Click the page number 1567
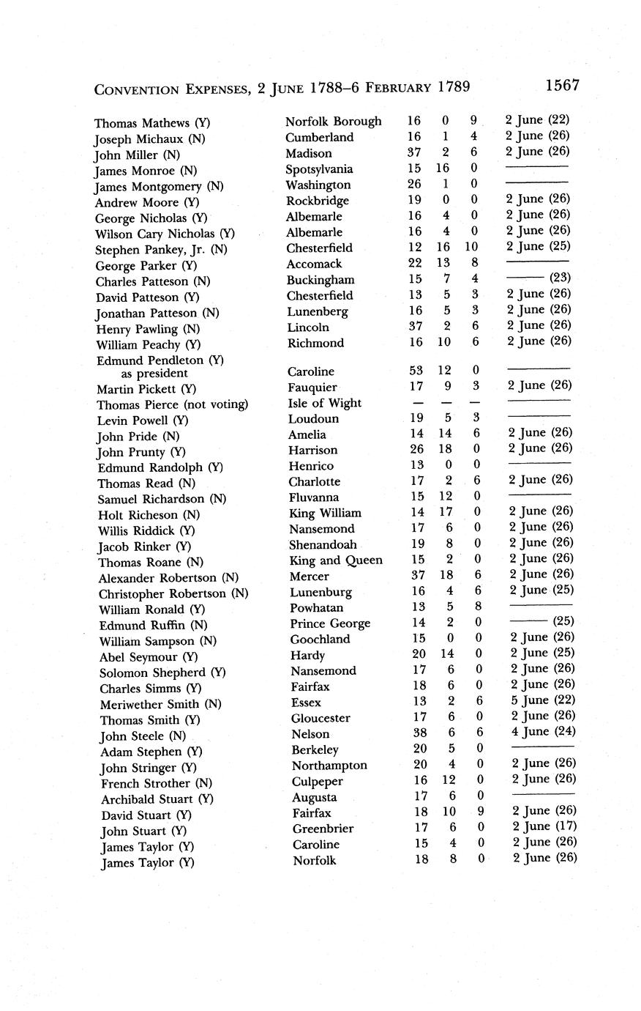pos(562,86)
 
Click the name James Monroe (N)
pos(146,171)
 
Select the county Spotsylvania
pos(319,169)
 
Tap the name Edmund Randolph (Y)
pos(160,467)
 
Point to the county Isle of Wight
pos(324,403)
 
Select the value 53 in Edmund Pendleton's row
pos(417,371)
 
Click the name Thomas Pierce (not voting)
pos(173,404)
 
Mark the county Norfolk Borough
pos(334,122)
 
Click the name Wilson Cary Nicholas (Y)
pos(165,234)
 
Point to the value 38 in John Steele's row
pos(420,733)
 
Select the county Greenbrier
pos(323,829)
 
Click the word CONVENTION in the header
pos(137,89)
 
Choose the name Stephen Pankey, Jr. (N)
pos(162,250)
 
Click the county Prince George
pos(330,623)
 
